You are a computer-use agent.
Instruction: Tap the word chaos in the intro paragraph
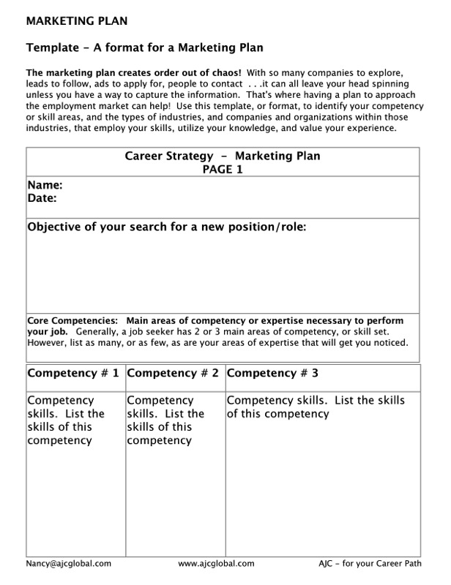[222, 74]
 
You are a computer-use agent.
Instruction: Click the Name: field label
[45, 186]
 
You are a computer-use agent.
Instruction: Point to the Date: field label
[42, 198]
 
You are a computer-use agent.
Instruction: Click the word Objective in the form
[57, 227]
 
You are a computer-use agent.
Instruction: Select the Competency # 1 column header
[73, 373]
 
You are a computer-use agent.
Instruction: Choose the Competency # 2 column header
[174, 373]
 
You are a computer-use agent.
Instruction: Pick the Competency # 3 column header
[272, 373]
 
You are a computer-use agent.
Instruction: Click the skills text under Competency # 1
[66, 420]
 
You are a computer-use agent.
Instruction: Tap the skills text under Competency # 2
[165, 420]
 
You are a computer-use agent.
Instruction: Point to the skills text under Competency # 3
[316, 407]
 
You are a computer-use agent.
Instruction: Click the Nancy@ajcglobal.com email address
[68, 564]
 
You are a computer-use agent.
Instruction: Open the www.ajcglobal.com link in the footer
[216, 564]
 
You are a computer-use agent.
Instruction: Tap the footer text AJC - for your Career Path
[369, 564]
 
